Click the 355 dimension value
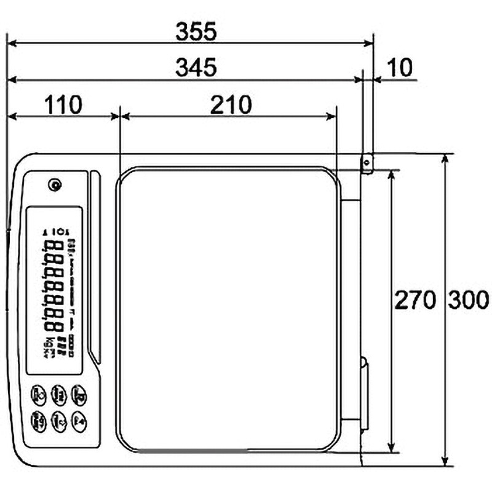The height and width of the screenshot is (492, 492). pyautogui.click(x=196, y=31)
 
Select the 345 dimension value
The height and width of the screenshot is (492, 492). pyautogui.click(x=196, y=68)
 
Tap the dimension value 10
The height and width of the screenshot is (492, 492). pyautogui.click(x=401, y=68)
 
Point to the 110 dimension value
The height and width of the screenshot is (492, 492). pyautogui.click(x=62, y=105)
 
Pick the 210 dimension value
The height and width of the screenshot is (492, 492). pyautogui.click(x=231, y=105)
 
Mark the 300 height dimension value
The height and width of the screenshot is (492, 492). pyautogui.click(x=468, y=301)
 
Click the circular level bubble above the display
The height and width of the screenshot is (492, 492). pyautogui.click(x=55, y=184)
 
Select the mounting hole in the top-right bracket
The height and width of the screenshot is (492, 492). pyautogui.click(x=367, y=162)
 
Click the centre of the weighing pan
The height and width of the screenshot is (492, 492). pyautogui.click(x=229, y=309)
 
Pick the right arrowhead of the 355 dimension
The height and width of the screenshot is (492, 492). pyautogui.click(x=370, y=43)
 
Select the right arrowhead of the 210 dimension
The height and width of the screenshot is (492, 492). pyautogui.click(x=333, y=116)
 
